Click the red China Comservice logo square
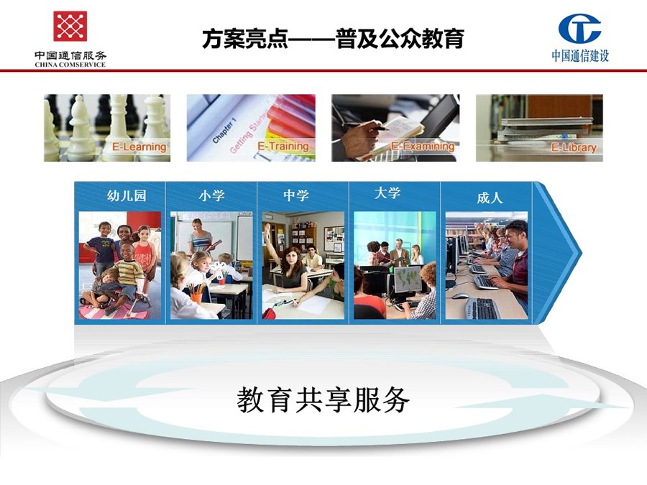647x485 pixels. (70, 27)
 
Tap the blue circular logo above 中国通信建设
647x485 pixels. (579, 29)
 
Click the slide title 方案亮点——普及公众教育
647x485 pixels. (333, 39)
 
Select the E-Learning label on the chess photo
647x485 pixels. (139, 147)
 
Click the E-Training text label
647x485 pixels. (283, 146)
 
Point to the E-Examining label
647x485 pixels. (423, 146)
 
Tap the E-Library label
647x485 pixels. (574, 147)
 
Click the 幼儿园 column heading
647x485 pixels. (127, 195)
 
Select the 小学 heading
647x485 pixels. (211, 195)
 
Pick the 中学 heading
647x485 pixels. (296, 195)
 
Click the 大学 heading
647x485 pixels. (387, 193)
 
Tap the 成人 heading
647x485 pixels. (490, 198)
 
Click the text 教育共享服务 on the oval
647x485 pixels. (323, 400)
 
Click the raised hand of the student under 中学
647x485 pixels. (268, 229)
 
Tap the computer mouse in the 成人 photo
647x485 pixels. (459, 296)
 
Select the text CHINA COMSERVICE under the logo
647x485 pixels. (70, 65)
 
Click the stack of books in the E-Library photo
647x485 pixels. (546, 129)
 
